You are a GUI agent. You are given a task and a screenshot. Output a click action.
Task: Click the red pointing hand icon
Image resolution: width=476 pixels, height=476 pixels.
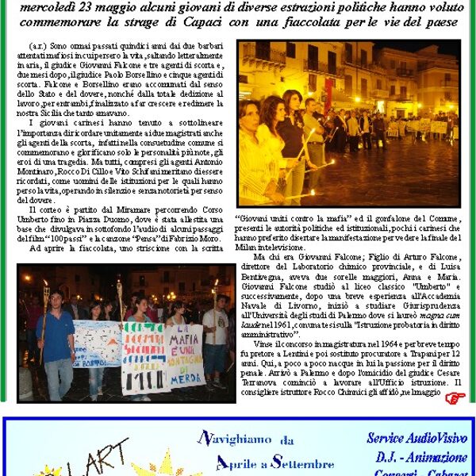click(453, 398)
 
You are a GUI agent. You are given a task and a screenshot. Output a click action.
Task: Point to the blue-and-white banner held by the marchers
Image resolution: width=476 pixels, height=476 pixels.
click(97, 342)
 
